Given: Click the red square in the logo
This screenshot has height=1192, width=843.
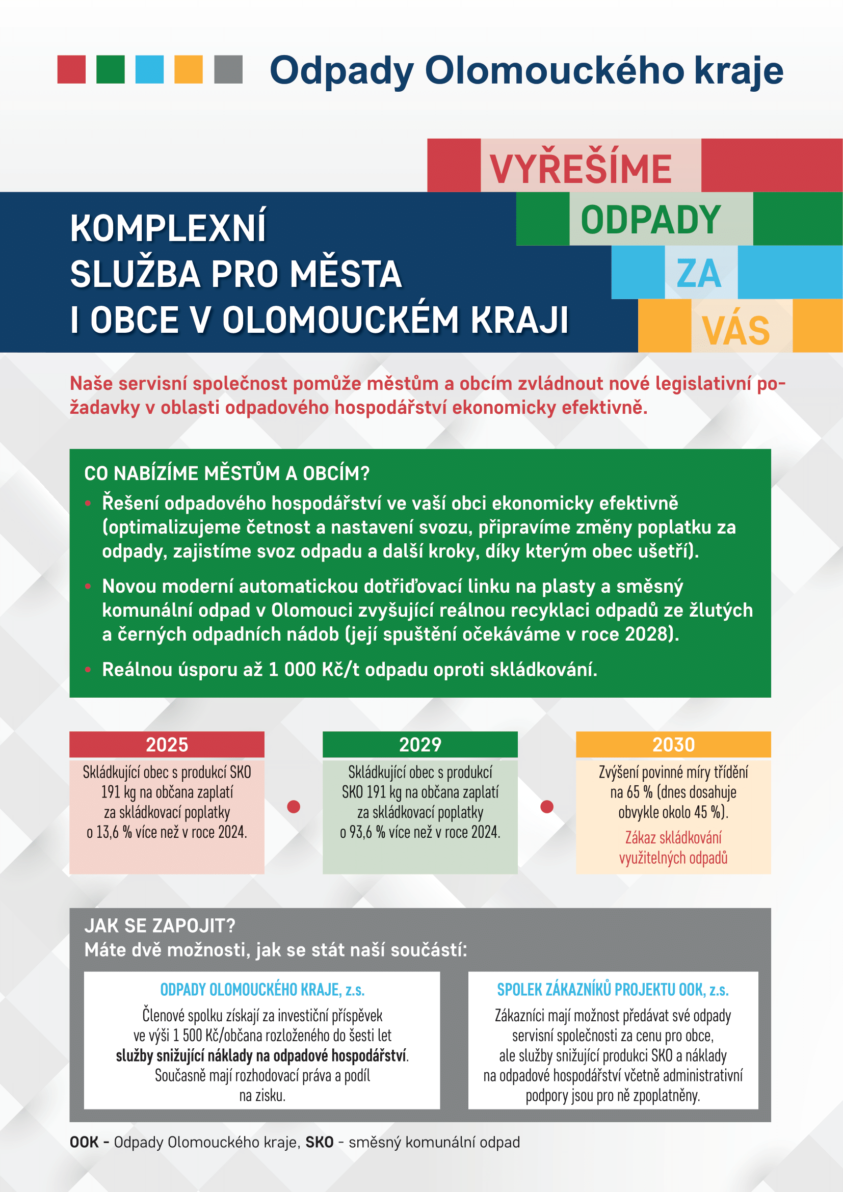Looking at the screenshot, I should (x=71, y=70).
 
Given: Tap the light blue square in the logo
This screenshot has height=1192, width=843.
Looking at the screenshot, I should (x=149, y=70).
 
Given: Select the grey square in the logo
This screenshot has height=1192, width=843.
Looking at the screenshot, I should (x=228, y=70).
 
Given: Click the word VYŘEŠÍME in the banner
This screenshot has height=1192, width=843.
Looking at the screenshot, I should (x=581, y=169).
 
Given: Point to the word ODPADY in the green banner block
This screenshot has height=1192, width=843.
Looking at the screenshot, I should (x=650, y=220).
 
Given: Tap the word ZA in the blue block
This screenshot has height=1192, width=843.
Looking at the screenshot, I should (x=699, y=273).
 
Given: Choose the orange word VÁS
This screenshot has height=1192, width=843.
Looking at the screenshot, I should (x=735, y=330).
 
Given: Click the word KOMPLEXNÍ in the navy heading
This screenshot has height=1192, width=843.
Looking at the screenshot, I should (x=168, y=228).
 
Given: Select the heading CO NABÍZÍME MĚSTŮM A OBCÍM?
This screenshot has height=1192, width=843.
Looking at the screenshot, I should (x=227, y=473).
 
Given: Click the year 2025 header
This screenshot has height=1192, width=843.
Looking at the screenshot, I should (x=167, y=745).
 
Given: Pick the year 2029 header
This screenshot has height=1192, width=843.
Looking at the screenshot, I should (x=420, y=745).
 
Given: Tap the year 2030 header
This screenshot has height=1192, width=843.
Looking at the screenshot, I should (x=673, y=745).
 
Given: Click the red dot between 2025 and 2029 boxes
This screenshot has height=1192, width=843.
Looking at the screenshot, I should (x=294, y=806).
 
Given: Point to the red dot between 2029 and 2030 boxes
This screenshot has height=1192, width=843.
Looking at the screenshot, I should (x=546, y=806).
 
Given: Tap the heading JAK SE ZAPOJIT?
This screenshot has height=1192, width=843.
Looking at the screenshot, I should (x=160, y=925).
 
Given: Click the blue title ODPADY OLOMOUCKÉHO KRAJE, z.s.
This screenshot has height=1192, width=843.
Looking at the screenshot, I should (x=262, y=990).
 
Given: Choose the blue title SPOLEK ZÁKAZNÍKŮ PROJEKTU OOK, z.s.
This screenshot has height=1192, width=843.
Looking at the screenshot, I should (x=613, y=990).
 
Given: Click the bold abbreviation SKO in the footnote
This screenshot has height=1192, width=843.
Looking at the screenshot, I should (x=319, y=1142).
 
